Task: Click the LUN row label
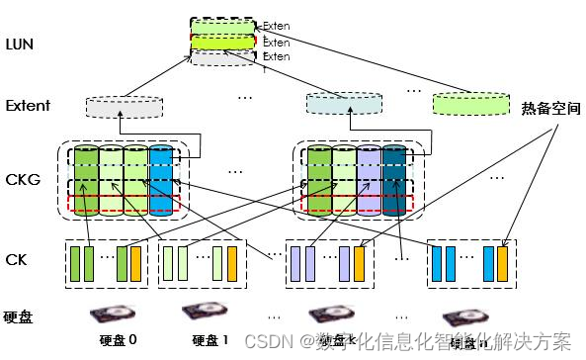pos(20,45)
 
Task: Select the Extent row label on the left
pos(27,106)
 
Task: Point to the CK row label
pos(16,259)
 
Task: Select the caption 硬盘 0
pos(119,340)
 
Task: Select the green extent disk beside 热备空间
pos(467,102)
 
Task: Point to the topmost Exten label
pos(276,26)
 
